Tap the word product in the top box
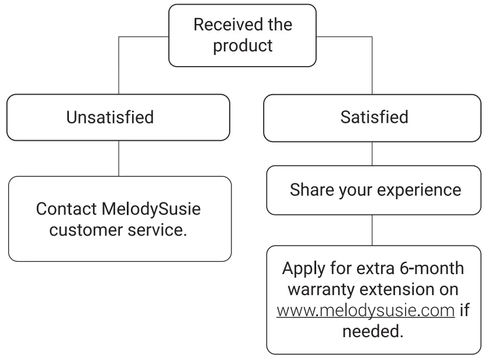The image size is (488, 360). pyautogui.click(x=243, y=46)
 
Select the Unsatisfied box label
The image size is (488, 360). pyautogui.click(x=110, y=117)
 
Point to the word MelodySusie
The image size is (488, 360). pyautogui.click(x=155, y=209)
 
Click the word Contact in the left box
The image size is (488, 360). pyautogui.click(x=65, y=209)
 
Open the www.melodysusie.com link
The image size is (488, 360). pyautogui.click(x=365, y=310)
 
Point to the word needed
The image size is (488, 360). pyautogui.click(x=372, y=331)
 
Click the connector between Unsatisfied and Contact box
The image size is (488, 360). pyautogui.click(x=119, y=158)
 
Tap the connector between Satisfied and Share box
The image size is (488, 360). pyautogui.click(x=372, y=153)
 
